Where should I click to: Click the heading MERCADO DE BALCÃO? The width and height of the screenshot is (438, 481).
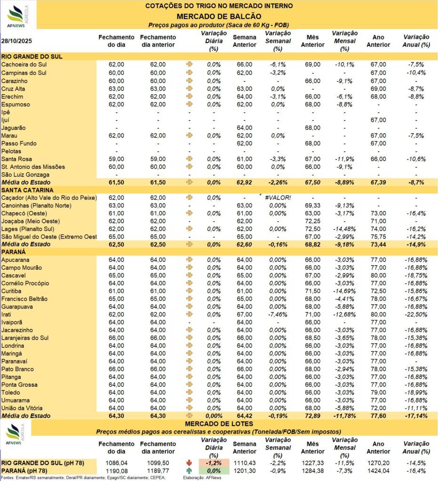coord(219,16)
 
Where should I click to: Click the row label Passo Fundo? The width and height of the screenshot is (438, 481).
coord(19,143)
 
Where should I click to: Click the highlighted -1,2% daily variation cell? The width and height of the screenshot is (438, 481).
coord(214,463)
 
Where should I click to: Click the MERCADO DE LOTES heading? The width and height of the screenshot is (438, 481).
coord(219,424)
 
